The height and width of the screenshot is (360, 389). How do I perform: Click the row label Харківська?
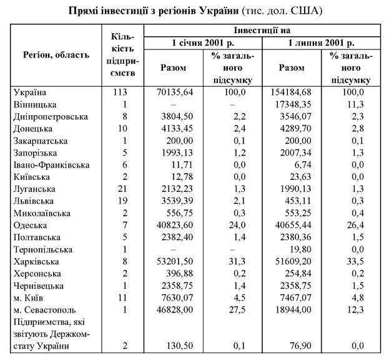pyautogui.click(x=37, y=261)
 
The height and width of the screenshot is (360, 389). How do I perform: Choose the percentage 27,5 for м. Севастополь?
pyautogui.click(x=232, y=309)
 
